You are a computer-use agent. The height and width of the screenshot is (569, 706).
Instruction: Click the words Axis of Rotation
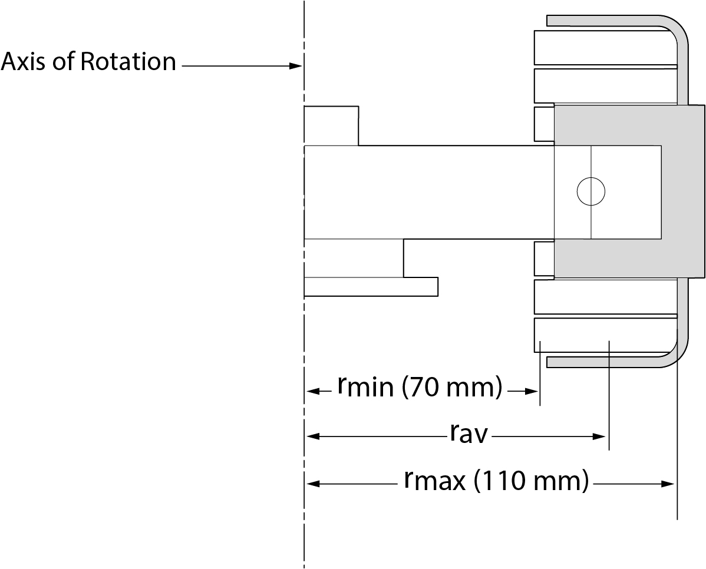point(88,62)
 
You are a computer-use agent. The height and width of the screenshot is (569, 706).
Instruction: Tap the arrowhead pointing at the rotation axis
point(296,67)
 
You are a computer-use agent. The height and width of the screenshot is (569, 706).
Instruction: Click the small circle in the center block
point(590,191)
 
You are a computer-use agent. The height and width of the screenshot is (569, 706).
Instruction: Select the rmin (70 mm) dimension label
point(420,388)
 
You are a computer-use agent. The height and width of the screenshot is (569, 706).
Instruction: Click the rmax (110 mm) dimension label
point(496,482)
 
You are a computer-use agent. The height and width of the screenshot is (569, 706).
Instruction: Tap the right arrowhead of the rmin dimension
point(534,391)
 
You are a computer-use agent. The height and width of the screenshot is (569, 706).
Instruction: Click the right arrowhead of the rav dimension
point(601,436)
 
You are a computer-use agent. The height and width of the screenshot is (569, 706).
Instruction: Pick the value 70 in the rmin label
point(423,388)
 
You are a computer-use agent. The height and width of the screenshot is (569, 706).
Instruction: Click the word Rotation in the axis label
point(128,62)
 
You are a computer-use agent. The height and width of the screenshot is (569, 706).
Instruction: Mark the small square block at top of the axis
point(331,125)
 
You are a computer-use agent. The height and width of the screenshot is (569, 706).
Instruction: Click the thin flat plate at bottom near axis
point(371,286)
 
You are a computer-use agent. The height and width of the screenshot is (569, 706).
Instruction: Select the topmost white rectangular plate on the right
point(604,47)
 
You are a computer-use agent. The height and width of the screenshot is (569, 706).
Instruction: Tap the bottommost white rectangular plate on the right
point(604,335)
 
